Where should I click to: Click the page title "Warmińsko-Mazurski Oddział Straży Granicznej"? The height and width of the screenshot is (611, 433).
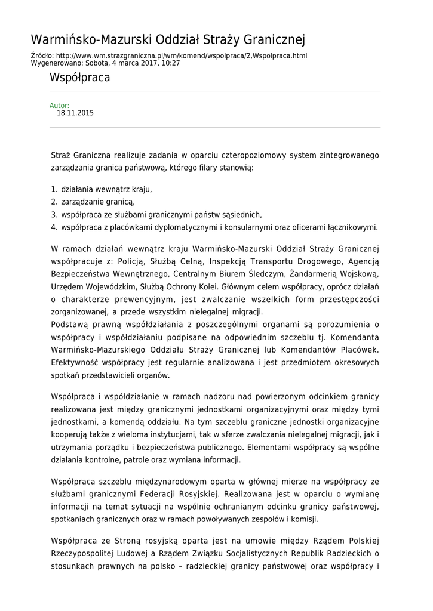click(x=168, y=40)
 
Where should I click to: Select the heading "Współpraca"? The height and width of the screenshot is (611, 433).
click(x=79, y=78)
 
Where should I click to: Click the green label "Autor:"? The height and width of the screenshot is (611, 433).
click(x=59, y=106)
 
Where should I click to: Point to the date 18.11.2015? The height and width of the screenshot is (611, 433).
click(x=75, y=113)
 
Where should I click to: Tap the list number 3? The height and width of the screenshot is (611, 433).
click(x=53, y=214)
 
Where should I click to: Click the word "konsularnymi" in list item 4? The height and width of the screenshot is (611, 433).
click(x=248, y=227)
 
